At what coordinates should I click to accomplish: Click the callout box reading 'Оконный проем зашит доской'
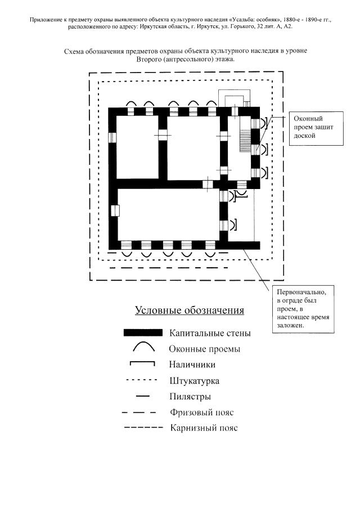[310, 127]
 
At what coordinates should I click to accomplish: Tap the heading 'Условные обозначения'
[189, 311]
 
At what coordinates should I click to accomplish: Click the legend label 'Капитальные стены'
[210, 333]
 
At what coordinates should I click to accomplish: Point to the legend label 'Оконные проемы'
[204, 349]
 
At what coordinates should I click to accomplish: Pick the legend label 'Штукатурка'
[194, 381]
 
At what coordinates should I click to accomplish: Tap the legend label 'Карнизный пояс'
[204, 428]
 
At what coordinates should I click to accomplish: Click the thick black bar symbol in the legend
[143, 333]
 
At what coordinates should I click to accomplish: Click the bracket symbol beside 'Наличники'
[142, 364]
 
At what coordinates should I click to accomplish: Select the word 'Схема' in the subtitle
[74, 51]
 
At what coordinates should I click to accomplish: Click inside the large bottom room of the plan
[169, 214]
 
